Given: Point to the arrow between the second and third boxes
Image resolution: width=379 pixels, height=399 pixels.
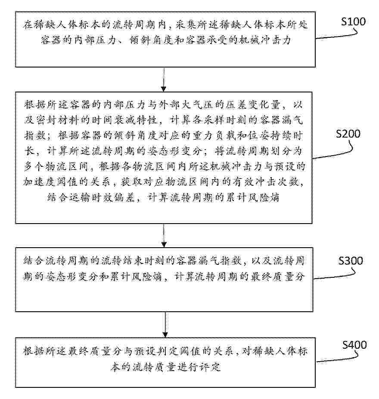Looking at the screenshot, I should click(x=164, y=235).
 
